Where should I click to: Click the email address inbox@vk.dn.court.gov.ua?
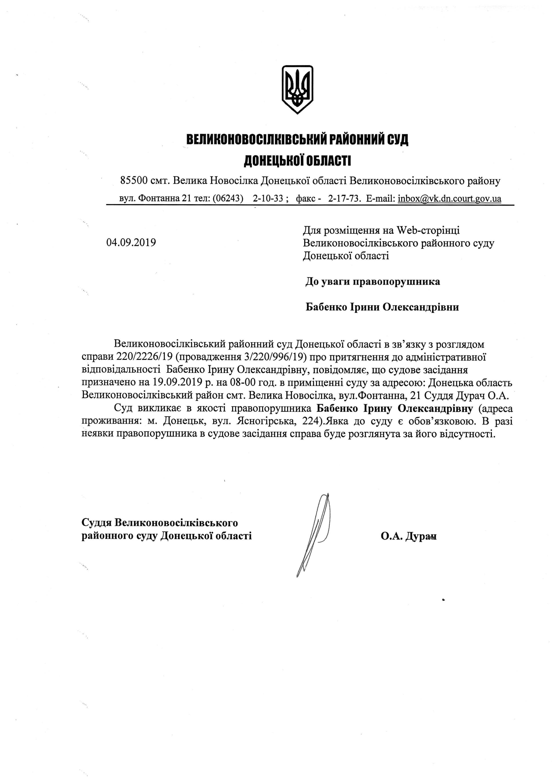pyautogui.click(x=449, y=199)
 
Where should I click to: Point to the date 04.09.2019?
pyautogui.click(x=131, y=243)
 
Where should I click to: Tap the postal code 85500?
pyautogui.click(x=134, y=180)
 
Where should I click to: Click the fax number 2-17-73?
pyautogui.click(x=343, y=199)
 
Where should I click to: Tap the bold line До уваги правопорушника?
pyautogui.click(x=373, y=282)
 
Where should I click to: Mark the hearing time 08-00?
pyautogui.click(x=243, y=382)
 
